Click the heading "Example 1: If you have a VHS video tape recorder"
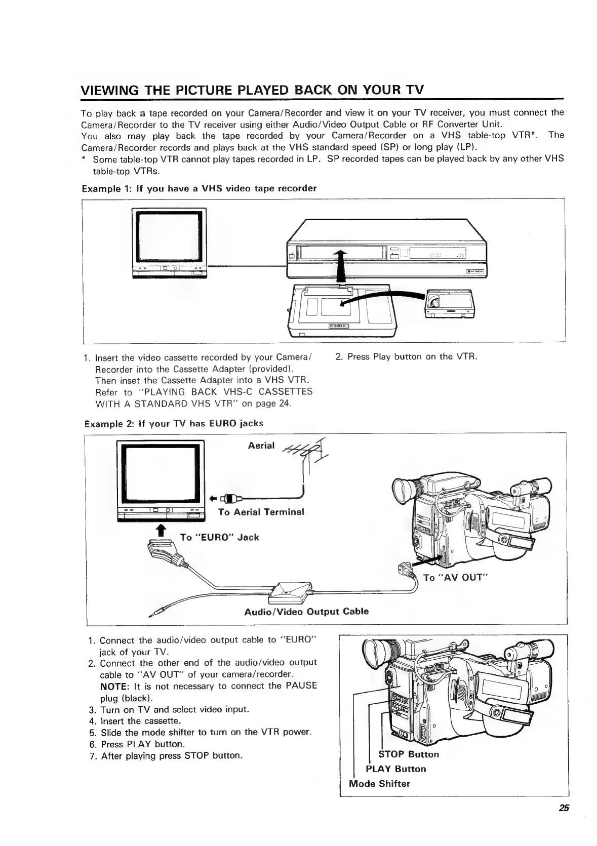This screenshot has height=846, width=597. [x=199, y=188]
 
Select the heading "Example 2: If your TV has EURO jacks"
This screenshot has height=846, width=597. [x=174, y=423]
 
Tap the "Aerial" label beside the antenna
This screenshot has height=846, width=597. [x=261, y=446]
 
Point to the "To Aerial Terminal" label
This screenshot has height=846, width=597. [x=261, y=512]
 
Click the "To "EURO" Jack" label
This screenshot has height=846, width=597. [x=219, y=537]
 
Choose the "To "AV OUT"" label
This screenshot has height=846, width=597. [x=455, y=578]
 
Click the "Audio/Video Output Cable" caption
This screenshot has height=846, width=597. [x=306, y=611]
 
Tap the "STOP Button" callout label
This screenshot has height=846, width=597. [x=409, y=754]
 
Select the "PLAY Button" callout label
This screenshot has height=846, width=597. [x=395, y=769]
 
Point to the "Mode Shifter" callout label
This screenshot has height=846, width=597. [x=379, y=784]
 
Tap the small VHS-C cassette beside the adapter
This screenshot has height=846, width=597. [x=450, y=303]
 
